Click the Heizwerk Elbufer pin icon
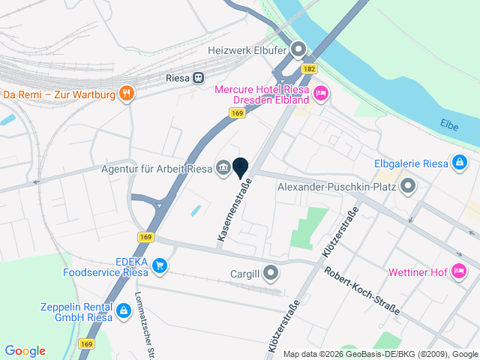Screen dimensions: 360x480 (x=298, y=51)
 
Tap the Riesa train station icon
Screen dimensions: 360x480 (x=199, y=76)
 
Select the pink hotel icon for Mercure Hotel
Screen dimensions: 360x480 (x=321, y=94)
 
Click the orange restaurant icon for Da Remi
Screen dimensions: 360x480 (x=127, y=94)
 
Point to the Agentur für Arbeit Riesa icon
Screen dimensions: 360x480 (x=223, y=167)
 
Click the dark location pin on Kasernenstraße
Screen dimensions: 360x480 (x=241, y=167)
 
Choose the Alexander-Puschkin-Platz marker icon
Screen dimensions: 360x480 (x=408, y=186)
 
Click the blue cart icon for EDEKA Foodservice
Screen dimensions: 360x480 (x=159, y=265)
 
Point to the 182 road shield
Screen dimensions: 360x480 (x=310, y=68)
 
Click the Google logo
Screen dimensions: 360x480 (x=25, y=351)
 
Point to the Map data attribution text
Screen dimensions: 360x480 (x=380, y=354)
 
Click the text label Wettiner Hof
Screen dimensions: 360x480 (x=418, y=271)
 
